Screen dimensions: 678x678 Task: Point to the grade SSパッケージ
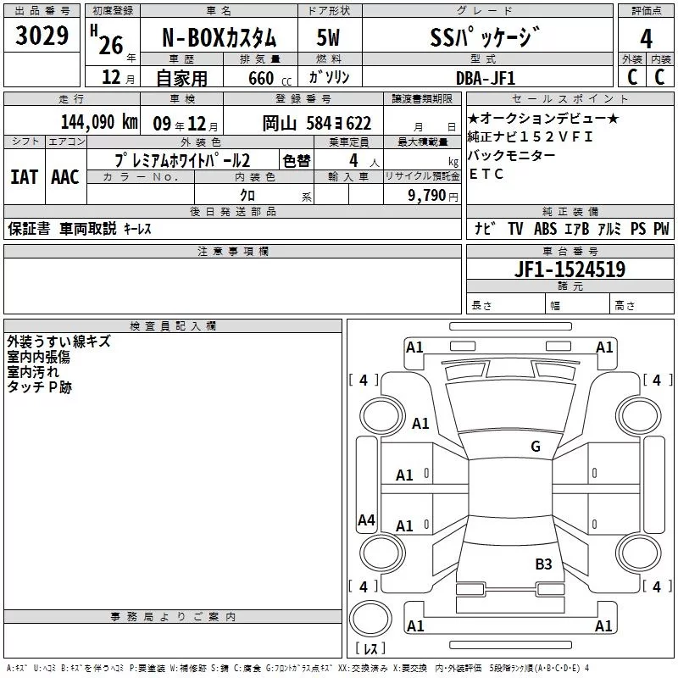click(x=484, y=39)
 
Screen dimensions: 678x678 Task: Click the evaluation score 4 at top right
click(x=647, y=39)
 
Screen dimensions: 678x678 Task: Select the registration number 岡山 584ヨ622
click(x=317, y=123)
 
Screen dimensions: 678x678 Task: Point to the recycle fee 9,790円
click(x=432, y=195)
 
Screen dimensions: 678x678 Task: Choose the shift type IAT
click(x=24, y=176)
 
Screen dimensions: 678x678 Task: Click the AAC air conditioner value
click(x=64, y=176)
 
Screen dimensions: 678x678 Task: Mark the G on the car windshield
click(x=536, y=447)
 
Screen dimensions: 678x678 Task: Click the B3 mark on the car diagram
click(x=543, y=564)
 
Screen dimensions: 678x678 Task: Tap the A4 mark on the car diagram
click(x=366, y=520)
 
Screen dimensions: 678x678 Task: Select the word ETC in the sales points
click(x=486, y=174)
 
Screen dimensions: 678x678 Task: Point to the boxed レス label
click(x=370, y=650)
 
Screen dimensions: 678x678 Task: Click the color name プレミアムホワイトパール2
click(x=181, y=159)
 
